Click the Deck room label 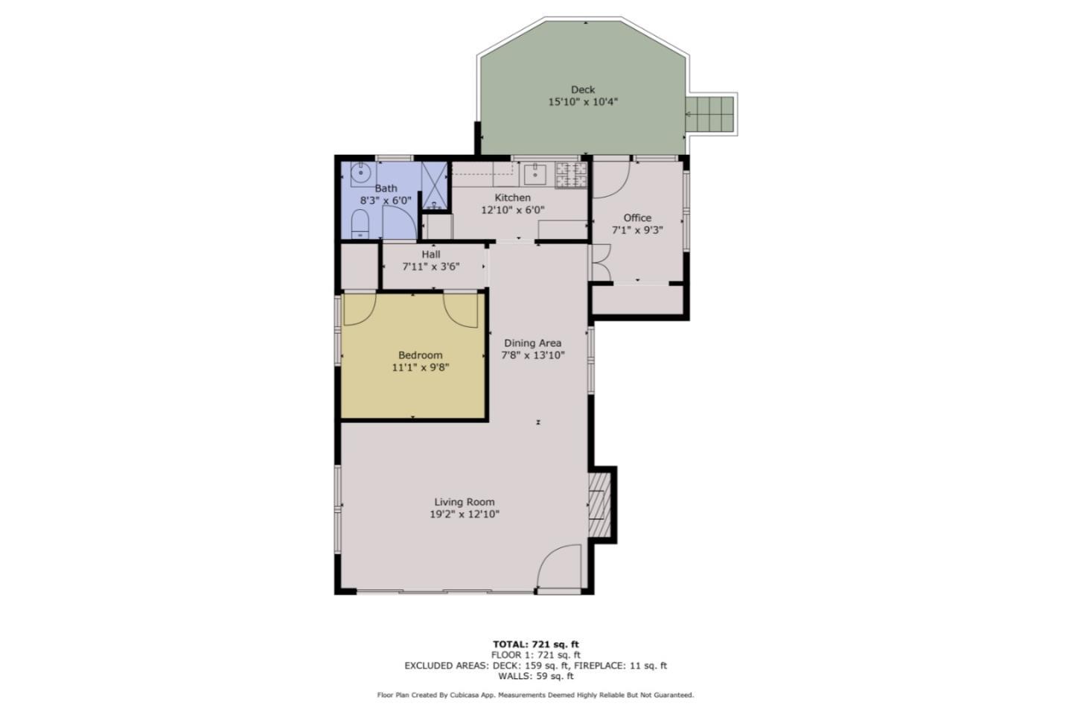pos(582,89)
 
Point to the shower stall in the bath pos(434,185)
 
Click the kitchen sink pos(535,175)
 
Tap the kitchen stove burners pos(571,174)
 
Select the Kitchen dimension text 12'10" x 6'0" pos(512,210)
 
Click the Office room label pos(637,217)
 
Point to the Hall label pos(430,254)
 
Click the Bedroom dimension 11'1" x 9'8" pos(420,367)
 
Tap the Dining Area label pos(532,343)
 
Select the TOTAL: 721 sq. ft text pos(535,644)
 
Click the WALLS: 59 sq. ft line pos(535,676)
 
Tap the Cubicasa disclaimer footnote pos(535,695)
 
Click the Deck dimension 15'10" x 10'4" pos(583,102)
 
